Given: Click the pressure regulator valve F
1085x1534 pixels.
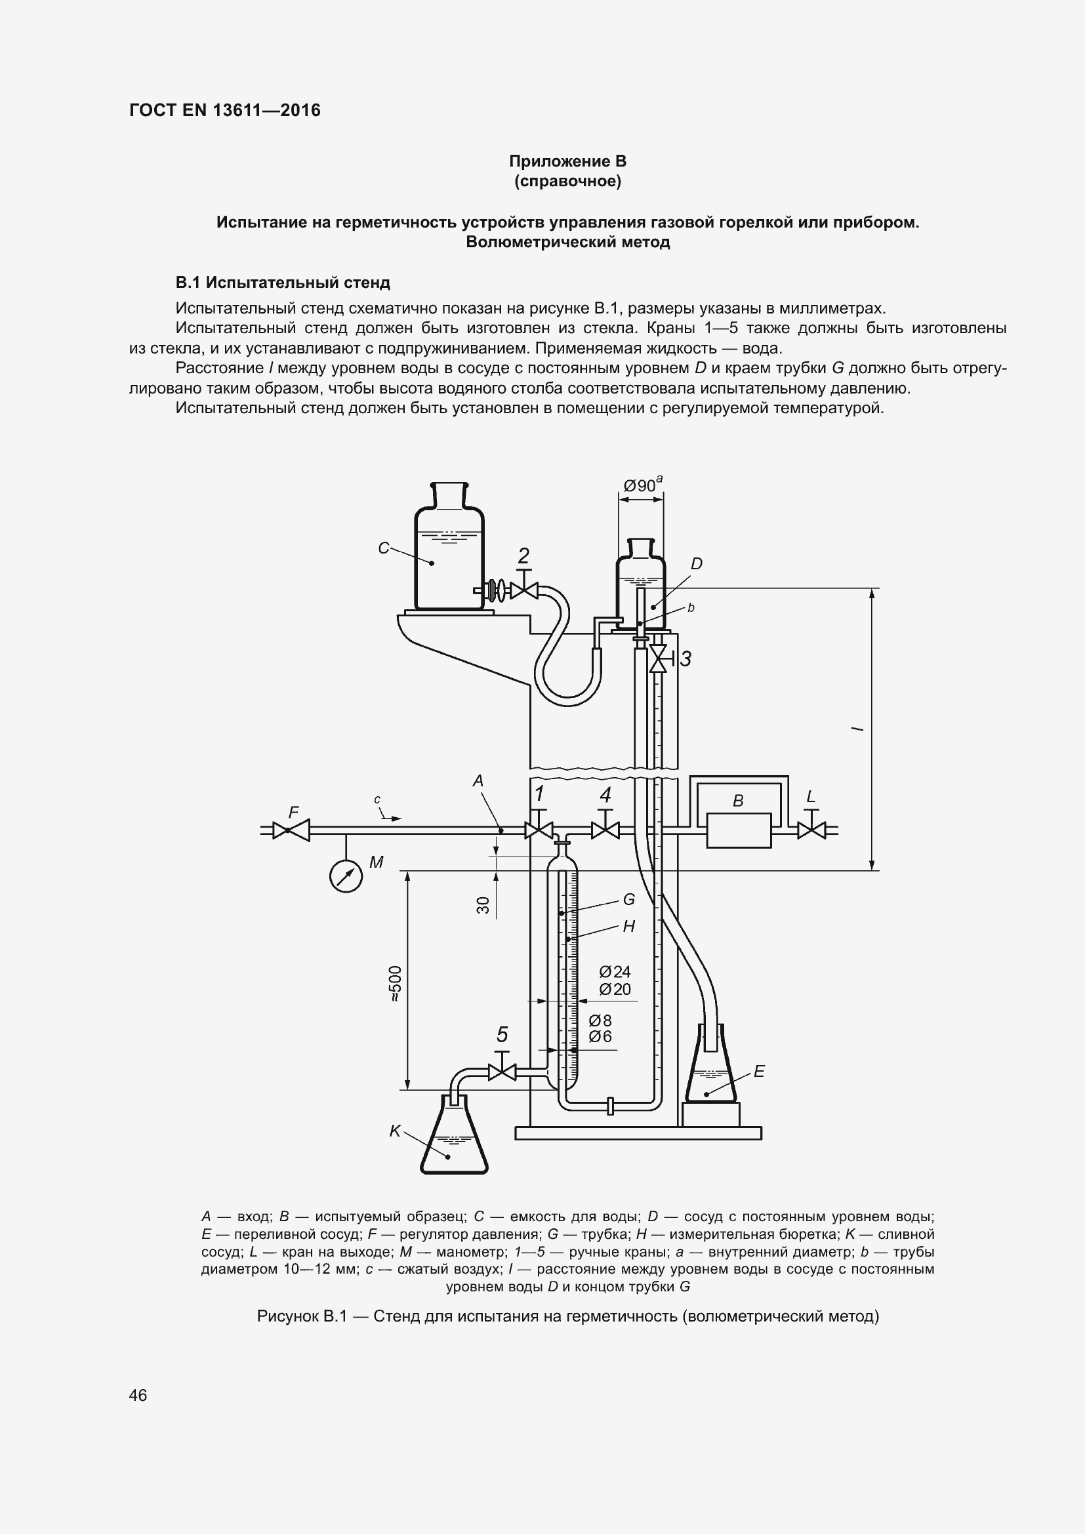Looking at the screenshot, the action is coord(291,830).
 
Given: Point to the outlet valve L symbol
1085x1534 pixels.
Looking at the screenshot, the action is coord(811,830).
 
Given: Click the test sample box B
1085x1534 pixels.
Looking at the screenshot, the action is coord(738,830).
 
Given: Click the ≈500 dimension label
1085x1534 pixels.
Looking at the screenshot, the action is coord(396,983).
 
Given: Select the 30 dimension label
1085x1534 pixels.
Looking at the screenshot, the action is coord(483,905).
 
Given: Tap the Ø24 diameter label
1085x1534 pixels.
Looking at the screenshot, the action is coord(615,971).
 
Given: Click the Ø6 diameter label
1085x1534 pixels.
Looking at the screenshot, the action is coord(601,1036).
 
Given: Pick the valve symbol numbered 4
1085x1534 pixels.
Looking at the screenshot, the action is coord(605,830).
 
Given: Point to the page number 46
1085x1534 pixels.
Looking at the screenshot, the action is coord(138,1395).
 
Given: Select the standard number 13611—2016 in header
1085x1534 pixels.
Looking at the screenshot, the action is coord(266,110).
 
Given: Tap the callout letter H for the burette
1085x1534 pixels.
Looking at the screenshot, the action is coord(628,926).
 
